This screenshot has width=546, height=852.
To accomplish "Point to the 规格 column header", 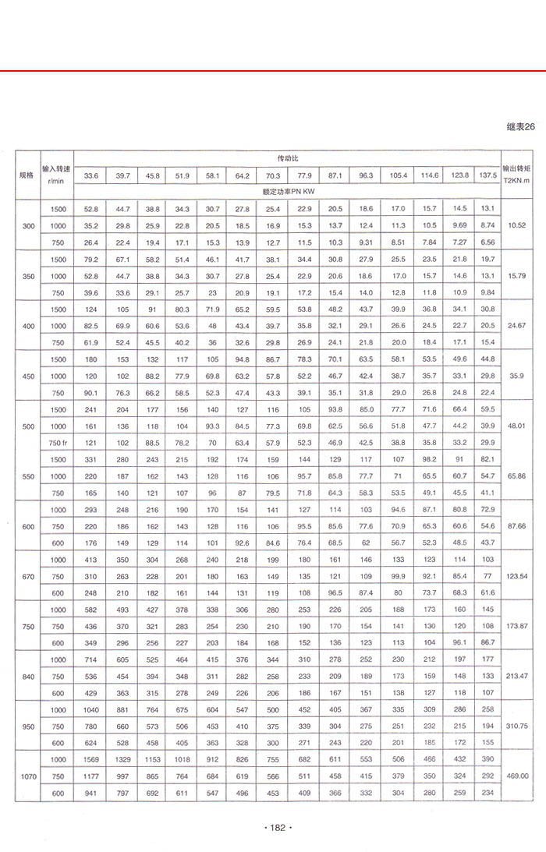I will click(27, 175).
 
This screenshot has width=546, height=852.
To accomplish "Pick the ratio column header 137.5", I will click(488, 175).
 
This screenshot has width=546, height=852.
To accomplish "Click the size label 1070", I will click(28, 776).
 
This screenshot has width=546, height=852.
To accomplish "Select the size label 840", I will click(28, 675).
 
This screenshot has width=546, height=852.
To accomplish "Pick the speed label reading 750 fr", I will click(59, 442).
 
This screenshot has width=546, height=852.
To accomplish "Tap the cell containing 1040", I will click(91, 710).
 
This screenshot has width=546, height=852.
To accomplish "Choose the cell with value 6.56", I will click(488, 242).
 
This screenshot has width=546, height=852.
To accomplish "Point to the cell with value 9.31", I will click(366, 242).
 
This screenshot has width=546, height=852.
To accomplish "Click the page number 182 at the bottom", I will click(278, 828).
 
